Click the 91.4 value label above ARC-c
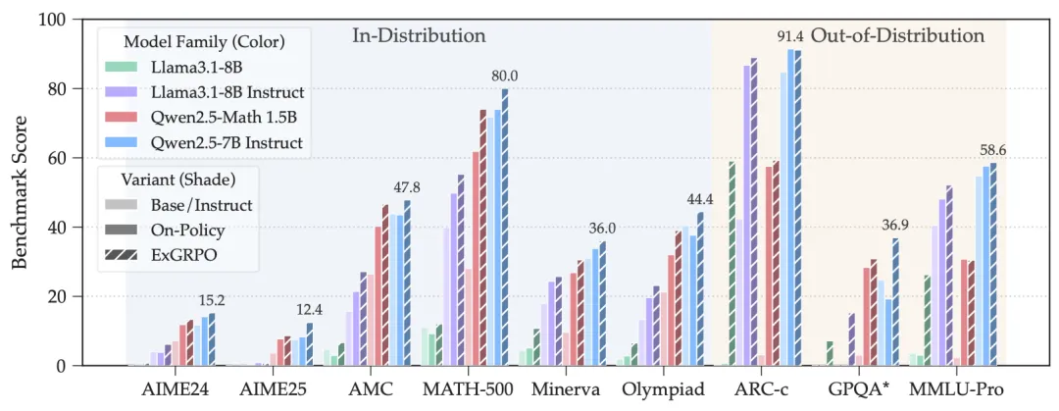pyautogui.click(x=790, y=37)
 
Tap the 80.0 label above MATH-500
pyautogui.click(x=504, y=76)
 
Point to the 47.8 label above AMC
pyautogui.click(x=407, y=187)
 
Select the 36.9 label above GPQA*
pyautogui.click(x=894, y=225)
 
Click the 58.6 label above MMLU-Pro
pyautogui.click(x=992, y=150)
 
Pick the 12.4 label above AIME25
pyautogui.click(x=309, y=310)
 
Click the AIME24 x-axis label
pyautogui.click(x=175, y=388)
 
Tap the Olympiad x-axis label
pyautogui.click(x=663, y=388)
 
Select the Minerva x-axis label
pyautogui.click(x=565, y=388)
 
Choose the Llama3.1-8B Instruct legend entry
pyautogui.click(x=227, y=92)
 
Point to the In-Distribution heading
pyautogui.click(x=419, y=36)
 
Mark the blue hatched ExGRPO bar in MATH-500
pyautogui.click(x=505, y=228)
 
